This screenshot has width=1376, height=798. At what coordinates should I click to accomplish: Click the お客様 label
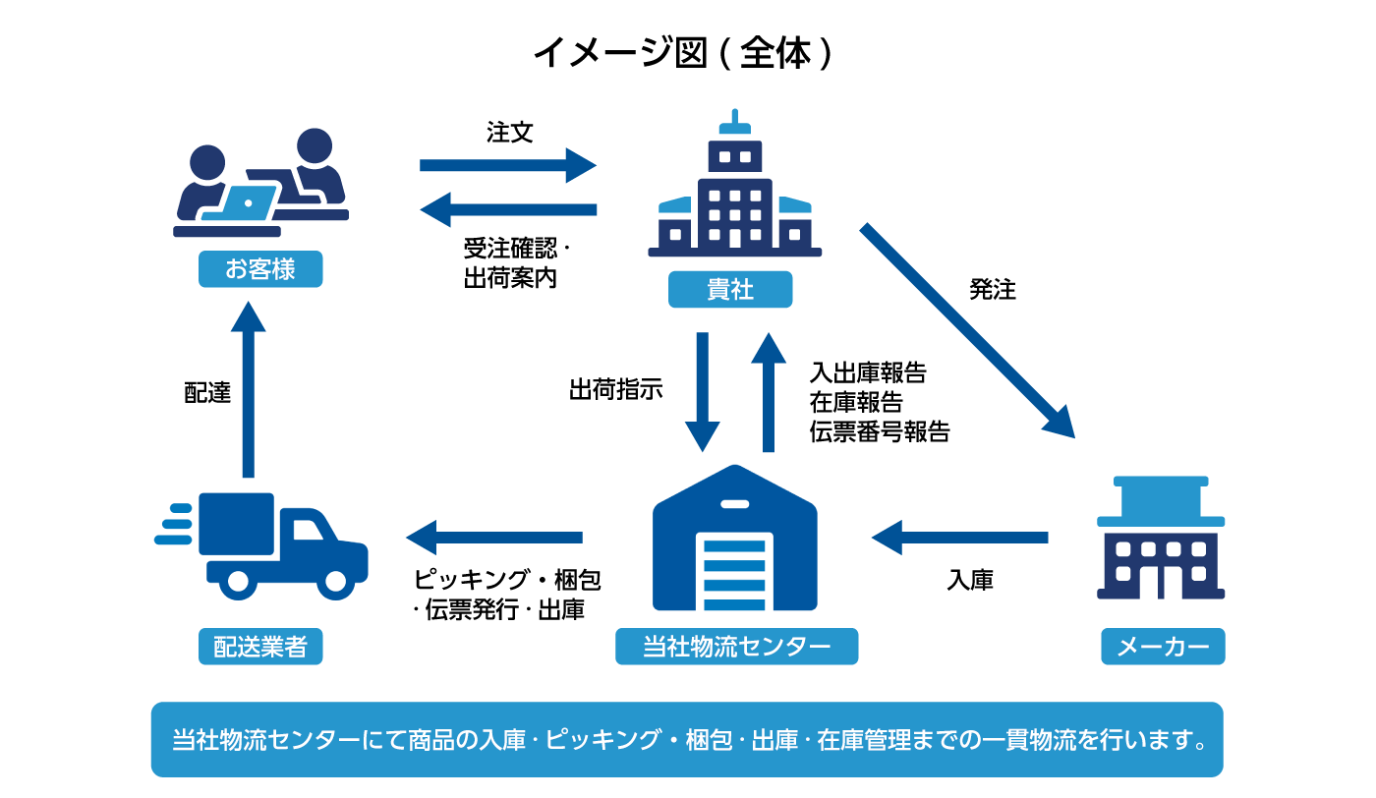[x=260, y=269]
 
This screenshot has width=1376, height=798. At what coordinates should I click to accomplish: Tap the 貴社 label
[x=730, y=290]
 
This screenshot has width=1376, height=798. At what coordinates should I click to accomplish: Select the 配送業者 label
[x=260, y=647]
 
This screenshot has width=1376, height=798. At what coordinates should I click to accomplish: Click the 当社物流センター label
[x=736, y=647]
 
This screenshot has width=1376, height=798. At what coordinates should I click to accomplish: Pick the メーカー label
[x=1163, y=647]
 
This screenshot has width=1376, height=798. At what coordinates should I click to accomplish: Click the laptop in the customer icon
[x=242, y=203]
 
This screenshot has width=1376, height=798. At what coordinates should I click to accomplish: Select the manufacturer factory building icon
[x=1161, y=539]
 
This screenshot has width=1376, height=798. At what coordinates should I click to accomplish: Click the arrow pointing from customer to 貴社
[x=507, y=165]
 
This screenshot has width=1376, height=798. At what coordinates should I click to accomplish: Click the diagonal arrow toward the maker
[x=966, y=329]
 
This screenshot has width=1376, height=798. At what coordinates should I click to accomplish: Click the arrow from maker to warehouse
[x=959, y=538]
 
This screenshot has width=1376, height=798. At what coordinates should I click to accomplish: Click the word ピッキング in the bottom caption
[x=602, y=740]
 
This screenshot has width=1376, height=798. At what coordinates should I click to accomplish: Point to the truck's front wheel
[x=335, y=581]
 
